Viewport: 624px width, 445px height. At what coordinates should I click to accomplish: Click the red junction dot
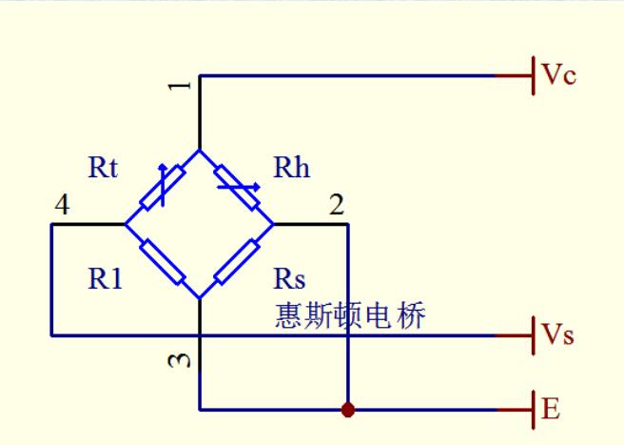click(x=348, y=410)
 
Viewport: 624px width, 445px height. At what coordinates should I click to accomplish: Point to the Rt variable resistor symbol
click(x=161, y=187)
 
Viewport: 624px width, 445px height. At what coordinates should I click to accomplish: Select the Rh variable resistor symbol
click(x=236, y=187)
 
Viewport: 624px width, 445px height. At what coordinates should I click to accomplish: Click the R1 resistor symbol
click(x=162, y=261)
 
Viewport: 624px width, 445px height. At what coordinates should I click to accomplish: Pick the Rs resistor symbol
click(x=236, y=261)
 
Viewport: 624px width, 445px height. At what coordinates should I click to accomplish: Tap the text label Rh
click(x=291, y=168)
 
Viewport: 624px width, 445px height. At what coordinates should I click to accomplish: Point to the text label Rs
click(x=289, y=279)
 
